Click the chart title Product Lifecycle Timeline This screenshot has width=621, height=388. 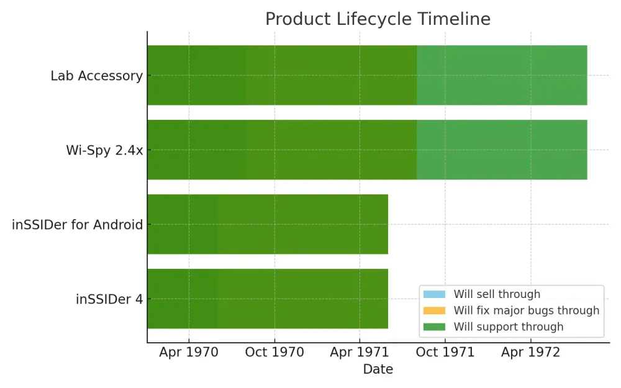378,19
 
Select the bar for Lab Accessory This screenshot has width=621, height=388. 366,75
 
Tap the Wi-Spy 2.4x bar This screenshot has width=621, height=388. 366,150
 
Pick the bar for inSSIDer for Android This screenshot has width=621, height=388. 267,224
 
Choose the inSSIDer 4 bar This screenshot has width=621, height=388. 267,299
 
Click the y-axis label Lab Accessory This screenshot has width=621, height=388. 96,76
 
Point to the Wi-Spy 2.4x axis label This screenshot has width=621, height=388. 104,150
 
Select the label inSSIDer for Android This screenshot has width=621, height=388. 77,225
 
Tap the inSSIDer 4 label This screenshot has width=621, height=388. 109,299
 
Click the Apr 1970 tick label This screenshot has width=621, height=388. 189,353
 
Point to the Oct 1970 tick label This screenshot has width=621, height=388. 274,353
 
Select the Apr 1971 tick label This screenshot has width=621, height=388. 360,353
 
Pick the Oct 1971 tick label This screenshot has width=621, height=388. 445,353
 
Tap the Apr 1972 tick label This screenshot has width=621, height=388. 530,353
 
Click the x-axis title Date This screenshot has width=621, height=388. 378,369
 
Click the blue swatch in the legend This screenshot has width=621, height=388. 434,294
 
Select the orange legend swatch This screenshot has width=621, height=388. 434,310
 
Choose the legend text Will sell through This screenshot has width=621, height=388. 497,294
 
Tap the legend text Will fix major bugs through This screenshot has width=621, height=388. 526,310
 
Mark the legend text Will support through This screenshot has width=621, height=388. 508,327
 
